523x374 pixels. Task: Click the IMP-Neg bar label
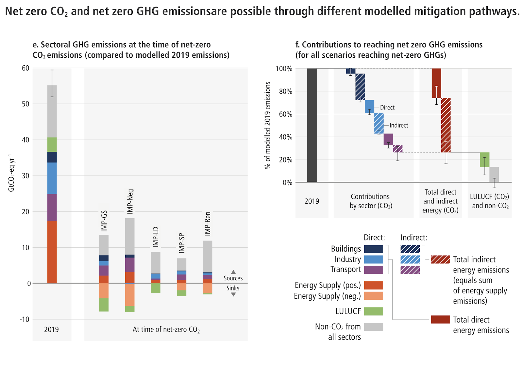(130, 201)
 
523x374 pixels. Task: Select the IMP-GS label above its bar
(104, 221)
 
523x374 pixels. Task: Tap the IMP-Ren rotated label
(208, 224)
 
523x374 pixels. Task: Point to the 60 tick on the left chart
(25, 68)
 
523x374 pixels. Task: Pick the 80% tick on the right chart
(285, 91)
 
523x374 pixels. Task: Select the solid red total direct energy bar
(436, 83)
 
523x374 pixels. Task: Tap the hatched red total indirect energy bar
(446, 125)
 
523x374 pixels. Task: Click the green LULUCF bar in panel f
(484, 160)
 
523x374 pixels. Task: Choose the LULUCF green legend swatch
(373, 311)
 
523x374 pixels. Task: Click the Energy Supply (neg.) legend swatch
(373, 296)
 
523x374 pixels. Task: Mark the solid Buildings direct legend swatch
(373, 249)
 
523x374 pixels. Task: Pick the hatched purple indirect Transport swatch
(410, 270)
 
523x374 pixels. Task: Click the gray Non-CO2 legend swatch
(373, 327)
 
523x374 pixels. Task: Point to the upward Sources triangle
(233, 272)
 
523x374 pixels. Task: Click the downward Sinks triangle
(233, 294)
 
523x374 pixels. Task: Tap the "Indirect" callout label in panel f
(399, 125)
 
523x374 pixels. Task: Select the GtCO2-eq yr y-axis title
(11, 173)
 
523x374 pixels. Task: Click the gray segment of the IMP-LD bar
(156, 262)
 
